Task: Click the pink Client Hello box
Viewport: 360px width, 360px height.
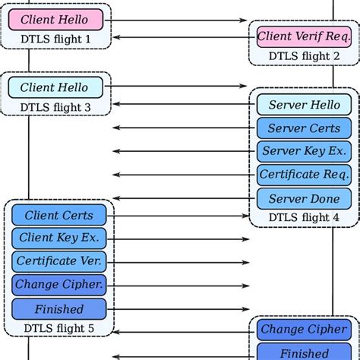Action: (54, 20)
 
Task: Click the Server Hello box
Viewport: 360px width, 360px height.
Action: (303, 105)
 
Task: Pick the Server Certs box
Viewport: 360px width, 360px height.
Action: (303, 128)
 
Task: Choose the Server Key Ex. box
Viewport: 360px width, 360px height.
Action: (303, 151)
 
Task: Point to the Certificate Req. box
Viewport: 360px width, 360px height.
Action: (303, 175)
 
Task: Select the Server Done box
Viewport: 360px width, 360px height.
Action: (303, 198)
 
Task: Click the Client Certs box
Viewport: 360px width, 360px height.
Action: (58, 216)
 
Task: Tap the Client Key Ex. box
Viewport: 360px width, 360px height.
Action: (58, 238)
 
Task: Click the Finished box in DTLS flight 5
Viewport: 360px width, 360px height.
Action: (58, 309)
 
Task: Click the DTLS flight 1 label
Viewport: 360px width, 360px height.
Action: (54, 39)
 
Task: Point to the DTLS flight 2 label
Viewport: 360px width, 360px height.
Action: (303, 55)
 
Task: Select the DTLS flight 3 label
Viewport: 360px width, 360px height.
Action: (54, 107)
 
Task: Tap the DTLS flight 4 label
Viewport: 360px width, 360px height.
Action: (303, 218)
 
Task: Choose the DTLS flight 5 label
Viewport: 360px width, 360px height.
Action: (58, 328)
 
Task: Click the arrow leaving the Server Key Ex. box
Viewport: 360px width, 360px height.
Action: (182, 151)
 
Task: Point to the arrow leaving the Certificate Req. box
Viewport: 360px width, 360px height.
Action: (182, 175)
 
